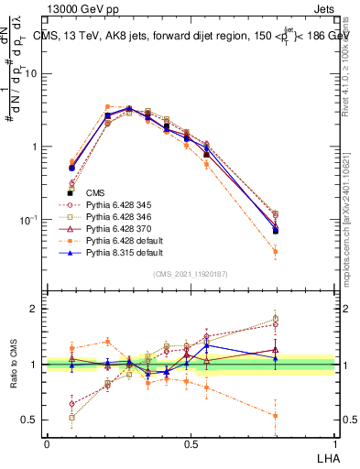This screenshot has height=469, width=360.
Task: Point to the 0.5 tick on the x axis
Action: pos(190,444)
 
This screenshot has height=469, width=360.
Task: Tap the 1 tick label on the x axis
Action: pos(334,444)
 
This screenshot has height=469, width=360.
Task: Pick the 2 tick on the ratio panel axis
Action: pos(37,309)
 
